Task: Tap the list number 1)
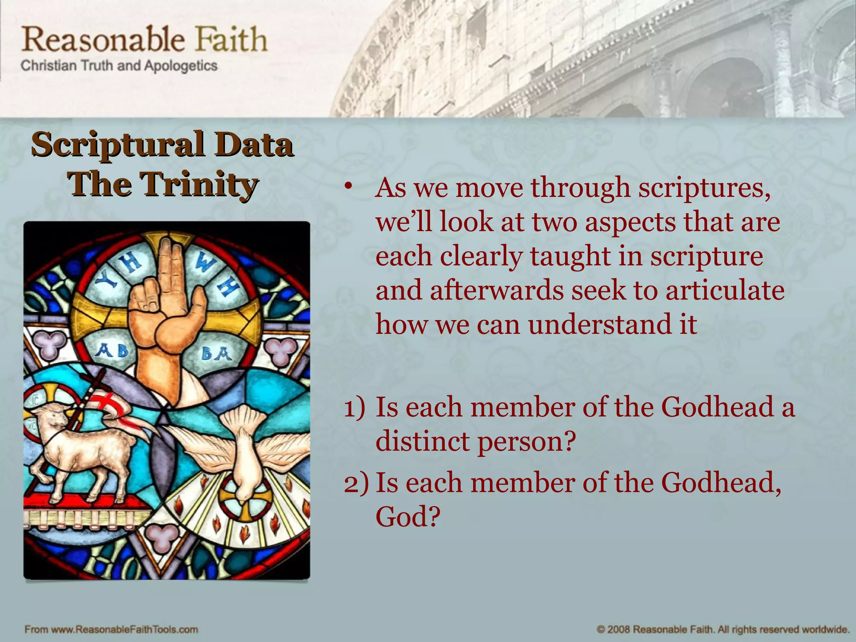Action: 354,408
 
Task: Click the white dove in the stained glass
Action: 242,443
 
